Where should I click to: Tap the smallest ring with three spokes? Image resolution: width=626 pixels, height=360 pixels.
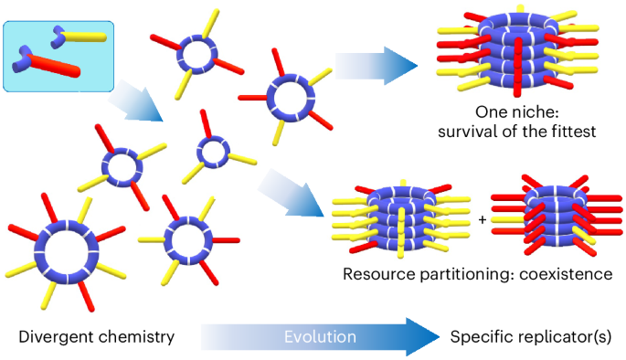pyautogui.click(x=213, y=150)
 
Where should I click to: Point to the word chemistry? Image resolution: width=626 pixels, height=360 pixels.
pyautogui.click(x=136, y=337)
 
